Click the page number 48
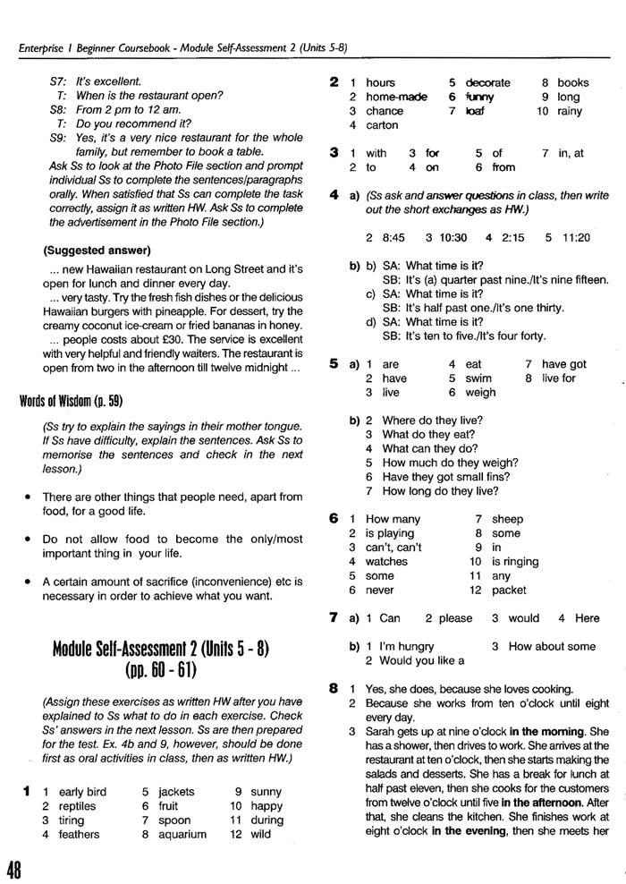[x=15, y=868]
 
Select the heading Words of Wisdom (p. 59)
[x=73, y=401]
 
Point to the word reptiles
[x=77, y=806]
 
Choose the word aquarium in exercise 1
[x=182, y=835]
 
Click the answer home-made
[x=396, y=97]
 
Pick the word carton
[x=382, y=125]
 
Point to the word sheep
[x=507, y=519]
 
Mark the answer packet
[x=509, y=591]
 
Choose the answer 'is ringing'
[x=515, y=562]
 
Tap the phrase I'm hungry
[x=408, y=646]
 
